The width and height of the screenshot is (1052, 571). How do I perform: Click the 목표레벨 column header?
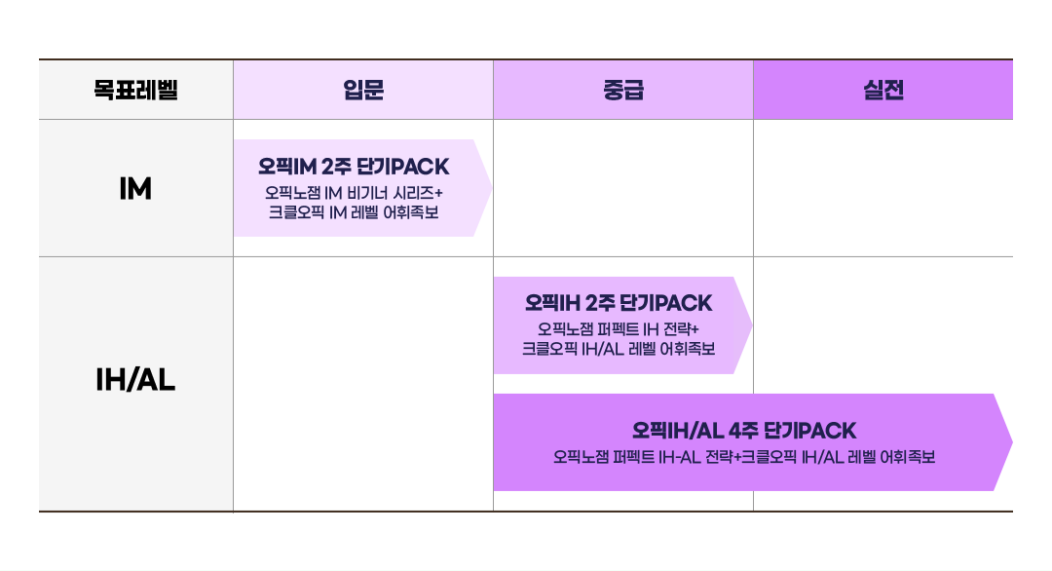[135, 90]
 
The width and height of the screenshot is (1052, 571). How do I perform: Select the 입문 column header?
[363, 90]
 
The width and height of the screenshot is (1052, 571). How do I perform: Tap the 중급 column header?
[623, 90]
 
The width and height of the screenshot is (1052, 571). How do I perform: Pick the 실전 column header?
[883, 90]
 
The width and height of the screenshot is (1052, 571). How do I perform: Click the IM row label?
[135, 188]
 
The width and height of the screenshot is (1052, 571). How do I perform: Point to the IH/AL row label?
[135, 380]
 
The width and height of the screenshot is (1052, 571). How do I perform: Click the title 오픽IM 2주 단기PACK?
[354, 167]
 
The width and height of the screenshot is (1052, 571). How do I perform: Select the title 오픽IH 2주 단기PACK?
[618, 303]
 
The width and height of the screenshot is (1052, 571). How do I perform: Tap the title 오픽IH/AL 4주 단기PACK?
[744, 431]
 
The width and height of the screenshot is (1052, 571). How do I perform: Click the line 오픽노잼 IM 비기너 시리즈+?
[354, 193]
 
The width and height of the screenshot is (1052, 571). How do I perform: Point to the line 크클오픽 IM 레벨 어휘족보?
[354, 212]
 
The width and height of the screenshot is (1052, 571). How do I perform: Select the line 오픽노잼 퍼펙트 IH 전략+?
[618, 329]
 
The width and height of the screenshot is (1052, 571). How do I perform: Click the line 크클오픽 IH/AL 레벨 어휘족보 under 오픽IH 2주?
[618, 349]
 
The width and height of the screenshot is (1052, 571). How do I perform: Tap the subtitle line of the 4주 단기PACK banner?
[744, 458]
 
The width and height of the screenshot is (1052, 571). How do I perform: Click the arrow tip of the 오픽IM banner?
[492, 188]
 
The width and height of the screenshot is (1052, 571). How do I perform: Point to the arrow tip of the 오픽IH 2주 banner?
[752, 325]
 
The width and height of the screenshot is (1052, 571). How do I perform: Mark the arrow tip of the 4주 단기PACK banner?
[1012, 442]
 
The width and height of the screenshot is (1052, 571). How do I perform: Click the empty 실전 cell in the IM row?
[883, 188]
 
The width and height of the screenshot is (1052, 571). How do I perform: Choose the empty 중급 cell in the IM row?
[623, 188]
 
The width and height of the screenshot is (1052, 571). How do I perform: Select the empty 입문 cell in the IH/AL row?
[363, 384]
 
